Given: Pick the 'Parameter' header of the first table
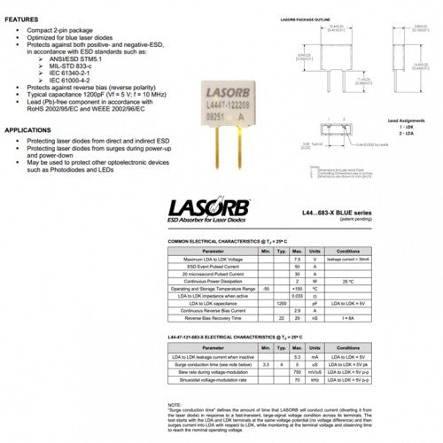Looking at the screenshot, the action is (x=213, y=252).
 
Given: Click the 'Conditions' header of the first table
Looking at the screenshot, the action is (x=348, y=252).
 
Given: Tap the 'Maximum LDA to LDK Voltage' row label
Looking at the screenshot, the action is (x=213, y=259).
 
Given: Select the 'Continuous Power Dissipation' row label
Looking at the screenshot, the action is (x=213, y=281).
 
